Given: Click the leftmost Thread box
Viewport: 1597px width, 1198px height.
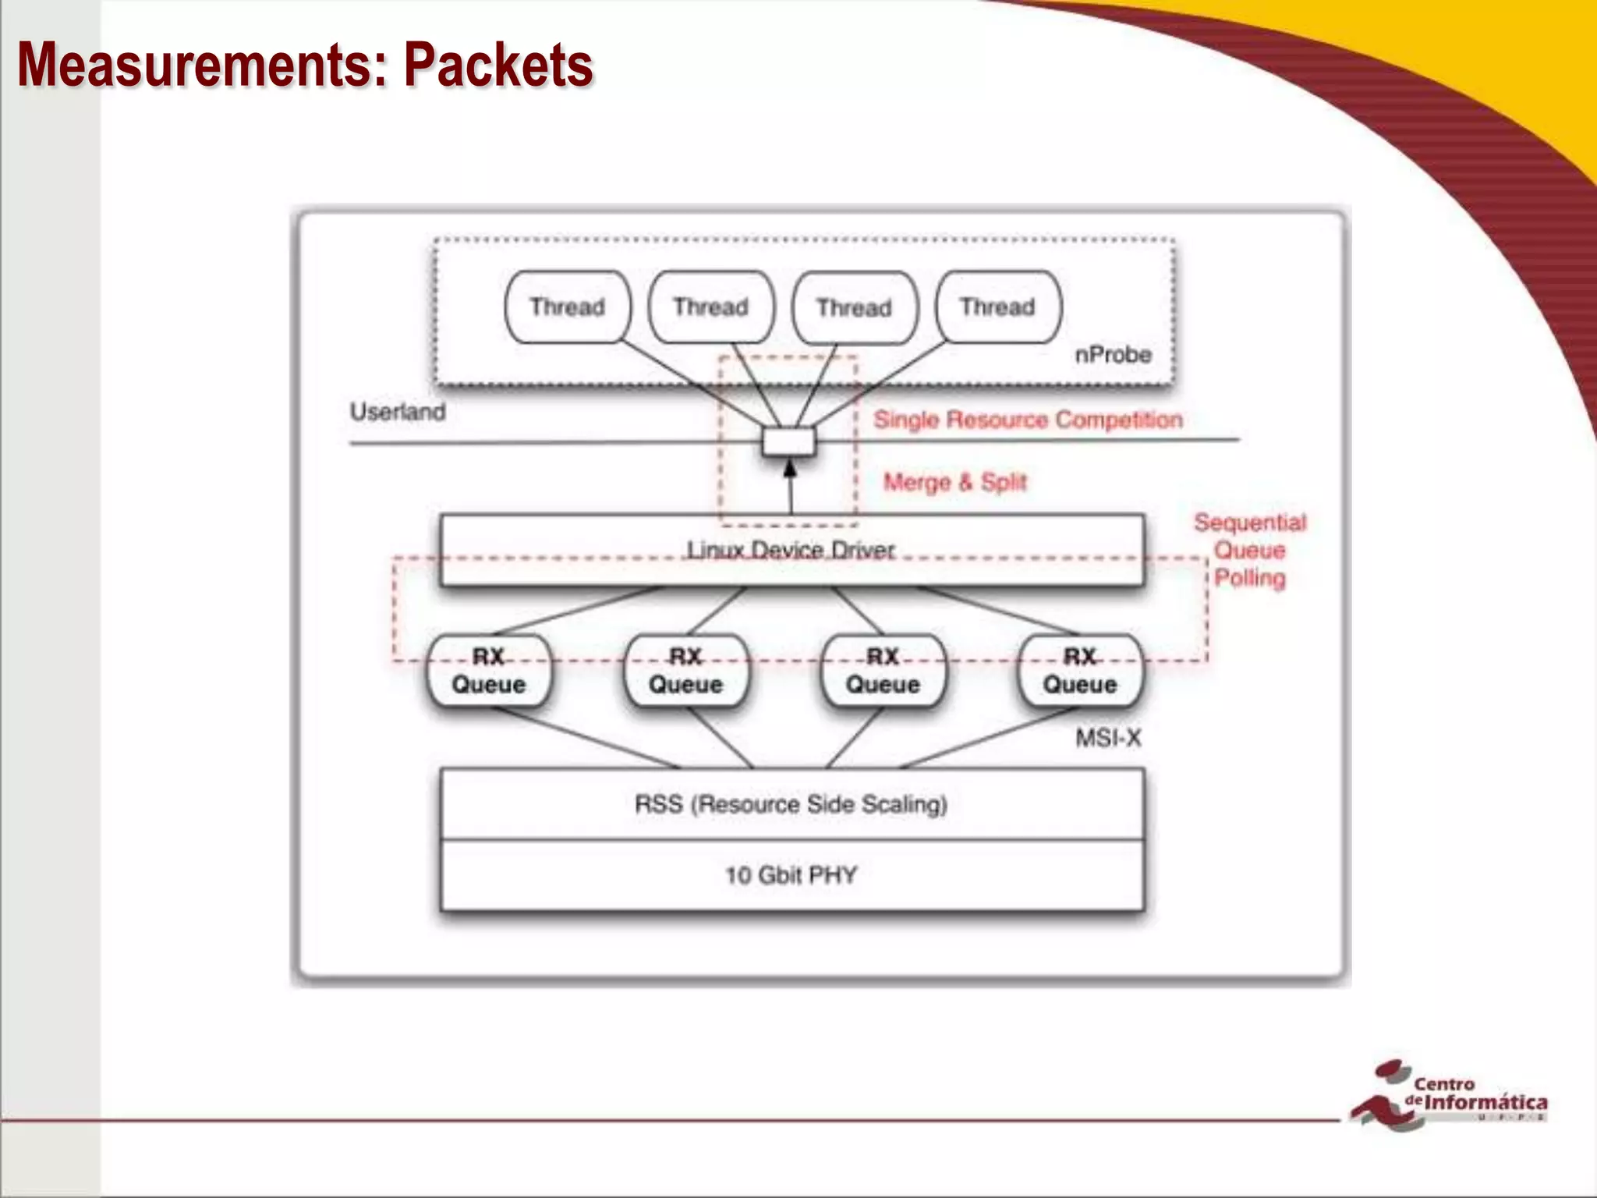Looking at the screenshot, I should click(x=567, y=307).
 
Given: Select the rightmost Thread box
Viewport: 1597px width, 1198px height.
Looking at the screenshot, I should click(x=997, y=307).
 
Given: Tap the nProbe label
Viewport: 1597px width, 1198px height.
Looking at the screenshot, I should click(x=1113, y=355).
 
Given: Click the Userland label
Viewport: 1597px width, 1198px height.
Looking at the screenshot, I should click(x=398, y=412).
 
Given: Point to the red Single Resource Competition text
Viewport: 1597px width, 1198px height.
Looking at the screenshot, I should click(x=1028, y=420).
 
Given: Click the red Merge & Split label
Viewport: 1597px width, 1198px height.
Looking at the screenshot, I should click(x=954, y=483).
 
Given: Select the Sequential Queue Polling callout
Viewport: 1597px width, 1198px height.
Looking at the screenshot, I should click(x=1250, y=551).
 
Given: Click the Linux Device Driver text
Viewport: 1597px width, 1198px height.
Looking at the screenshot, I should click(x=791, y=551).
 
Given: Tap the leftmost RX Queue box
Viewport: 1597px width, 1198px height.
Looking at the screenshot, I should click(x=489, y=671).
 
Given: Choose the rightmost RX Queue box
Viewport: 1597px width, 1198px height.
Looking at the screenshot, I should click(x=1080, y=671).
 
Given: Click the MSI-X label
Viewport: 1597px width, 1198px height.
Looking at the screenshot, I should click(x=1108, y=738).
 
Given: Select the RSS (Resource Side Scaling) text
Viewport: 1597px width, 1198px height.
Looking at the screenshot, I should click(x=791, y=804).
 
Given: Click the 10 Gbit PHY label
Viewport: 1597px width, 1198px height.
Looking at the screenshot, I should click(x=791, y=875).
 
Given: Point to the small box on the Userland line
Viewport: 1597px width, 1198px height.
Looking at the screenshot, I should click(x=789, y=442).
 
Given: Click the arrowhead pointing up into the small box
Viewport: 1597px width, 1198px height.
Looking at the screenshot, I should click(x=790, y=468).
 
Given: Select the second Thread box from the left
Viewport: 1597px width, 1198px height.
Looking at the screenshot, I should click(x=711, y=307).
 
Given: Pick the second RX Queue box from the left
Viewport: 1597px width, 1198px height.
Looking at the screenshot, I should click(x=686, y=671).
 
